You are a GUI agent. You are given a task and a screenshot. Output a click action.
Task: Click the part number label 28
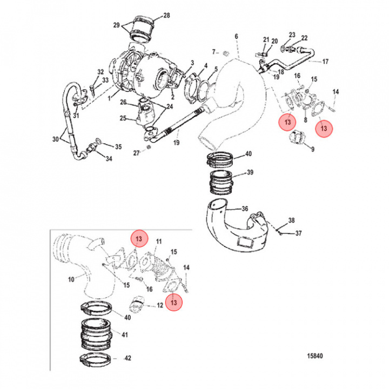pyautogui.click(x=166, y=15)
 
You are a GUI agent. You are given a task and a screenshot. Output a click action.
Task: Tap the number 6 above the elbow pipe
pyautogui.click(x=236, y=36)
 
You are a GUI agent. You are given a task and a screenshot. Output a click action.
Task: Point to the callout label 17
pyautogui.click(x=325, y=62)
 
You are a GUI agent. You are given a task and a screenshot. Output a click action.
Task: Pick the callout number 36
pyautogui.click(x=244, y=209)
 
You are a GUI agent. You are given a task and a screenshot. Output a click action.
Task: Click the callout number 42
pyautogui.click(x=128, y=358)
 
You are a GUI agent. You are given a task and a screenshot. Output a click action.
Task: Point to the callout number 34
pyautogui.click(x=109, y=159)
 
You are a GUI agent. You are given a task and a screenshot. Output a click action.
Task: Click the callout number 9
pyautogui.click(x=312, y=148)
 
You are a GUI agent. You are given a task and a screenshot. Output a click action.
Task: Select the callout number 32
pyautogui.click(x=100, y=72)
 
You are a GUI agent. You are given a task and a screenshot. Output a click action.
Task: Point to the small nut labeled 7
pyautogui.click(x=227, y=52)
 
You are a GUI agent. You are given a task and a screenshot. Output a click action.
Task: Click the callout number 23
pyautogui.click(x=292, y=35)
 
